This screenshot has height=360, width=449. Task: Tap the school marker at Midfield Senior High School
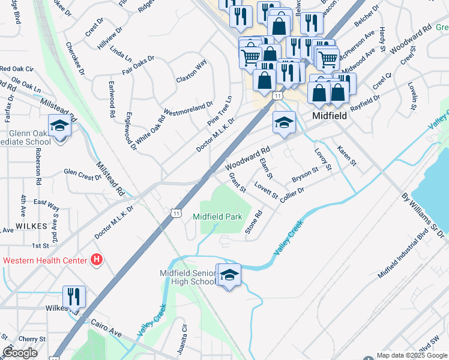[x=229, y=275]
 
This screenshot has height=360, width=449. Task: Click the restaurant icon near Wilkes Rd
[x=74, y=296]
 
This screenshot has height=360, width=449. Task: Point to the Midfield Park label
[x=217, y=216]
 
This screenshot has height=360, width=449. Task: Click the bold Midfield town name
[x=329, y=116]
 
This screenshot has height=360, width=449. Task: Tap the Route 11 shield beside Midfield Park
[x=176, y=213]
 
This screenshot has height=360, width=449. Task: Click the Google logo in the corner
[x=20, y=353]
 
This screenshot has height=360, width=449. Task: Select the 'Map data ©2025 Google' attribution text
[x=412, y=355]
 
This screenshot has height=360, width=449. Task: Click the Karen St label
[x=346, y=155]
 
